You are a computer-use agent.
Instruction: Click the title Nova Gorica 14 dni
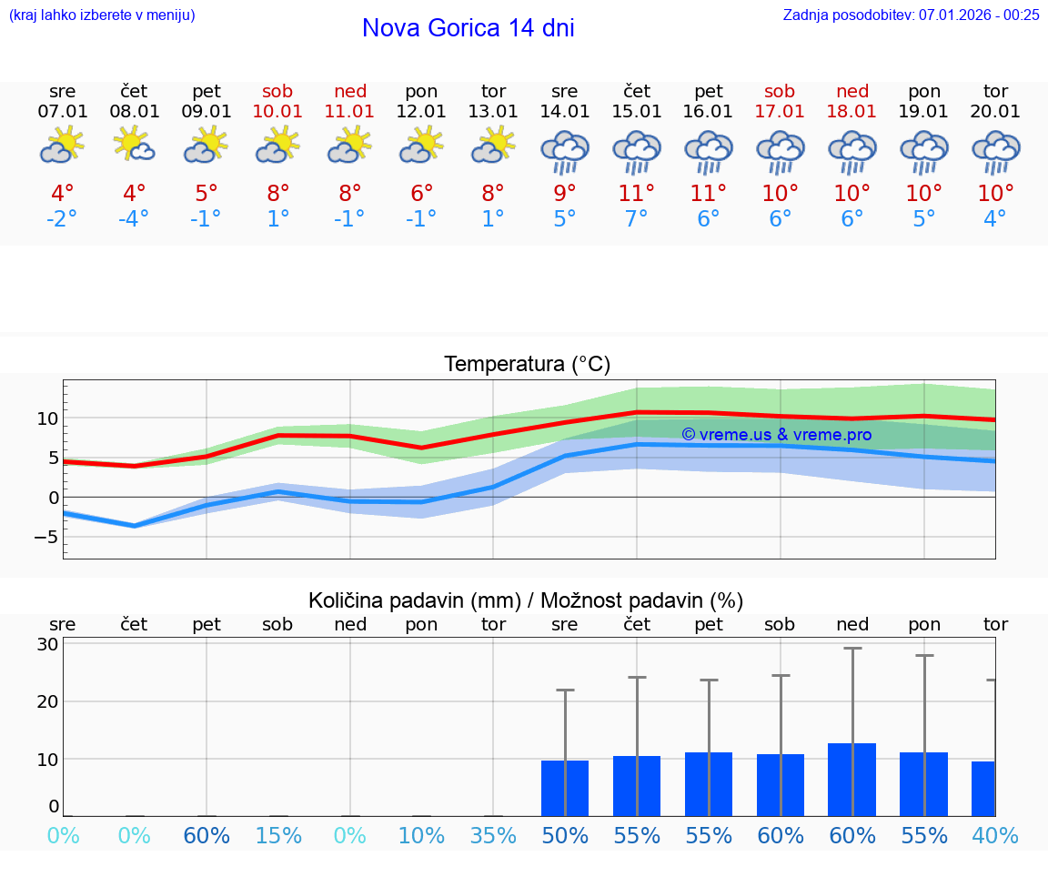tap(468, 28)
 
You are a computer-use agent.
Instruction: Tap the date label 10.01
tap(278, 112)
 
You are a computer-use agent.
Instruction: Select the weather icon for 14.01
tap(565, 151)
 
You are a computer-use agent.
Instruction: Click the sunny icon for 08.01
tap(134, 146)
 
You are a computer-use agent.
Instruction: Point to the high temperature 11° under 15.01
tap(637, 194)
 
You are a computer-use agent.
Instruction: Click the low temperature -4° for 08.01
tap(134, 219)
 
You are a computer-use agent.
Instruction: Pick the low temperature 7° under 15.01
tap(637, 219)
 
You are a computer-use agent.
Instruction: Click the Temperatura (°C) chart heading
tap(527, 365)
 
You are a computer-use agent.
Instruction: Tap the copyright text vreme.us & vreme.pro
tap(776, 435)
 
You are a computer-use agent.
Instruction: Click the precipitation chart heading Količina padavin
tap(526, 600)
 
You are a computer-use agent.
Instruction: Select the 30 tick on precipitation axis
tap(48, 644)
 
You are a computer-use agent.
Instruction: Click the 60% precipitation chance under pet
tap(207, 836)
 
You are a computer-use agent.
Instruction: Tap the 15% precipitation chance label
tap(278, 836)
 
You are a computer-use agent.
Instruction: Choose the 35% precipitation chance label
tap(493, 836)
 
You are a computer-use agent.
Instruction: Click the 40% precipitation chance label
tap(995, 836)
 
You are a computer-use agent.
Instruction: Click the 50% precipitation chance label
tap(565, 836)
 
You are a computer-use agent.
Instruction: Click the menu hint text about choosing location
tap(102, 15)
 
